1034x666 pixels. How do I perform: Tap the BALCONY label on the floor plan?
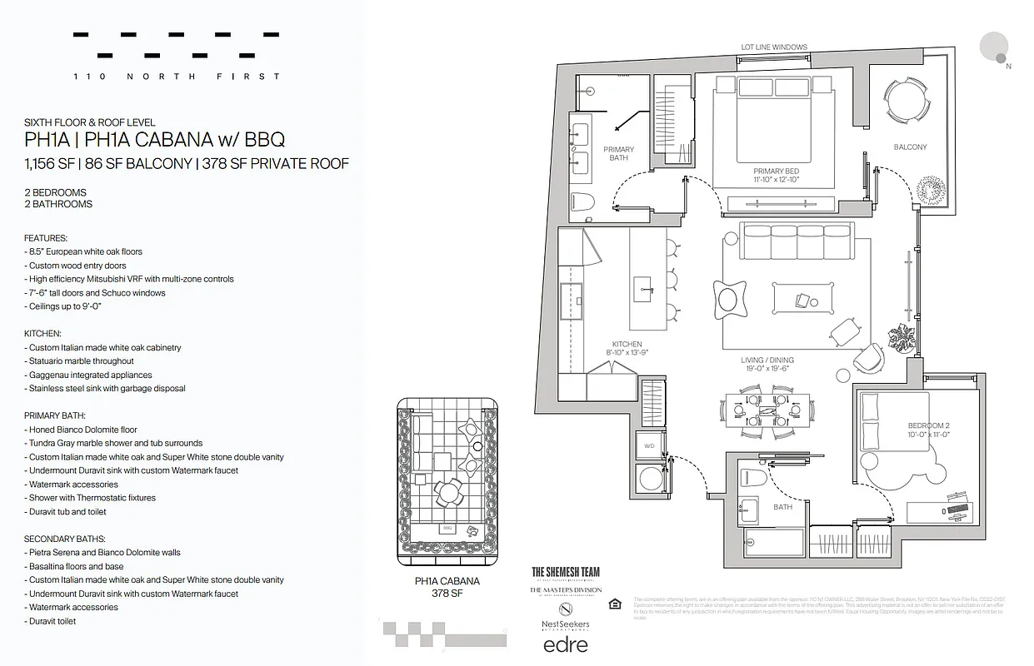coord(910,147)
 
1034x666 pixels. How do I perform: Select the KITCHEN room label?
coord(627,344)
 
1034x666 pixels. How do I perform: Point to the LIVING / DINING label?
coord(767,360)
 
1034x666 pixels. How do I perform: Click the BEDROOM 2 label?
coord(928,425)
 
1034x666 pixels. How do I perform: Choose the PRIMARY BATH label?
coord(618,153)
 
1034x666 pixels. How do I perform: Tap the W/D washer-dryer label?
coord(647,445)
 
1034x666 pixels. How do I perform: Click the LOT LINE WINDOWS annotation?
coord(774,47)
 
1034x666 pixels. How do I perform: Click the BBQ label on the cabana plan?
coord(447,528)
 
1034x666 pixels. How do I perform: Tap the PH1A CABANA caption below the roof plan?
coord(447,582)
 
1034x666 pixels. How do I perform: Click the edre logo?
coord(566,644)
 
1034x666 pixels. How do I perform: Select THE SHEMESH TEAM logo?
coord(566,572)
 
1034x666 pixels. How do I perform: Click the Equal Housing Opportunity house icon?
coord(615,604)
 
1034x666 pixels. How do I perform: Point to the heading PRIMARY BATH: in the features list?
coord(55,415)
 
